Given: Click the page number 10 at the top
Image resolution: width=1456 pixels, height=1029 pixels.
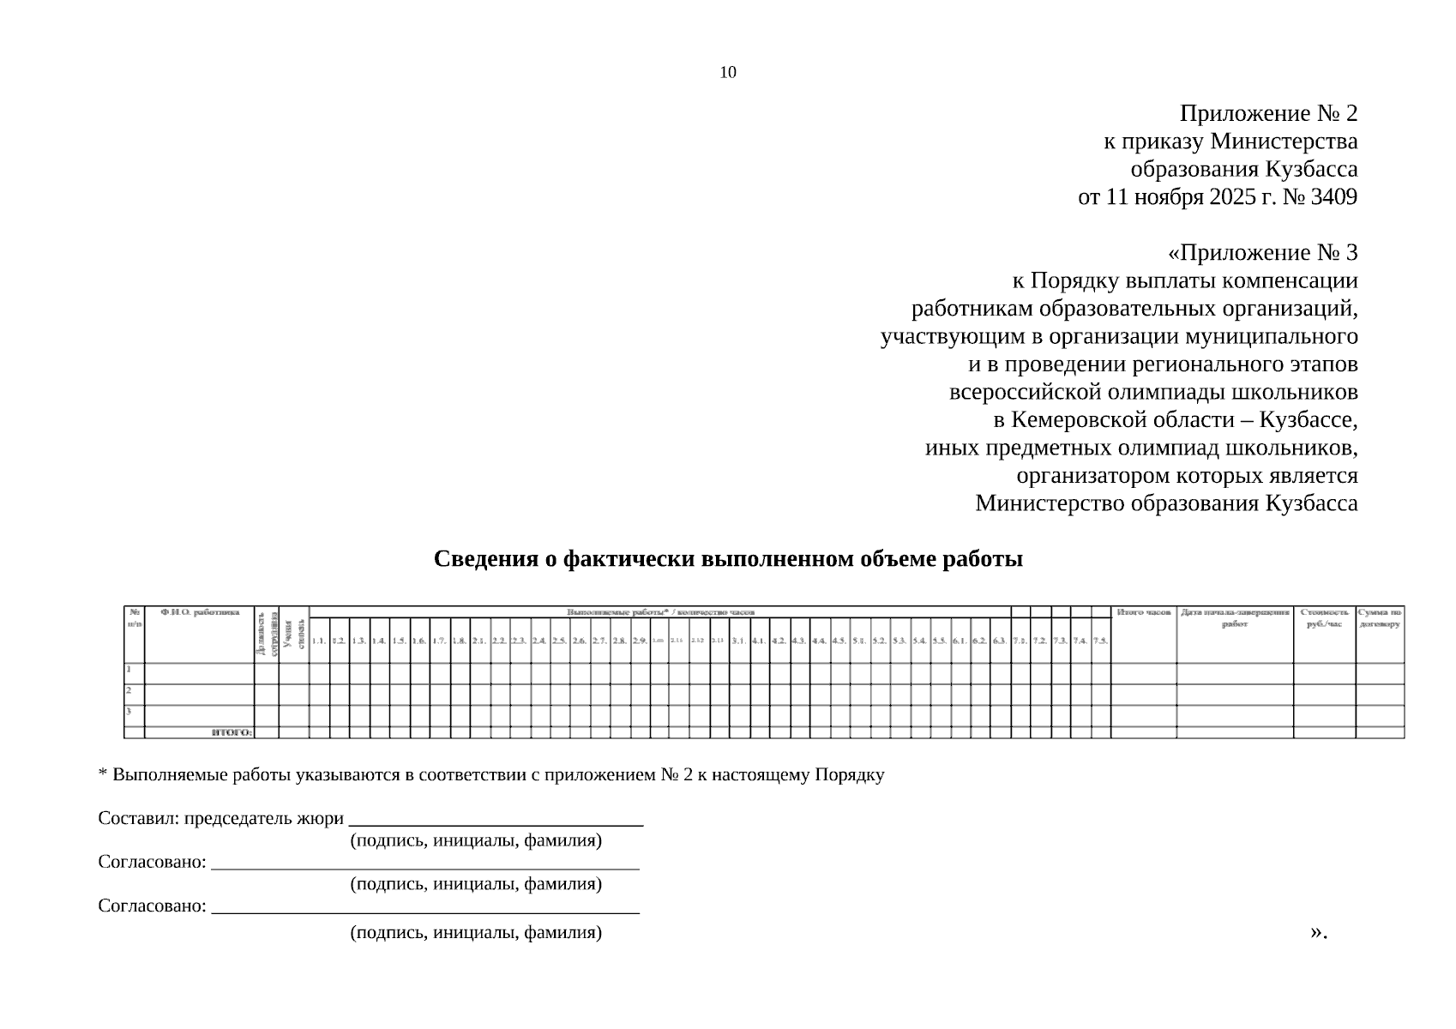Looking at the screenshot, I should tap(727, 73).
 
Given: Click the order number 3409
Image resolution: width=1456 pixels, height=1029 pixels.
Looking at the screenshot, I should tap(1334, 197).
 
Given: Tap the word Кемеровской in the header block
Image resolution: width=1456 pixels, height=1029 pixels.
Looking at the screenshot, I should tap(1074, 421).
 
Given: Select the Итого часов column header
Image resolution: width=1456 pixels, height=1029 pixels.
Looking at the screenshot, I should tap(1144, 613).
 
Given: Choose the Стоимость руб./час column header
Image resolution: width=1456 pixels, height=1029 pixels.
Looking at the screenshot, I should tap(1324, 617).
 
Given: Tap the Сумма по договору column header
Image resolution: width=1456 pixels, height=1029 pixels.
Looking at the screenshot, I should tap(1380, 617).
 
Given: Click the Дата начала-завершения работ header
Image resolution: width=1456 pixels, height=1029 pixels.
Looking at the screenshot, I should tap(1235, 617).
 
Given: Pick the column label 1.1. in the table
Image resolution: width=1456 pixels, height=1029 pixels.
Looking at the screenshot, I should tap(318, 641).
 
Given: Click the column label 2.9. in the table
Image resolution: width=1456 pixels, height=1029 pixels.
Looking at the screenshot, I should tap(640, 641).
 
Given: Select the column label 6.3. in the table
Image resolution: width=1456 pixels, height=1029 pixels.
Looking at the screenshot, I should tap(1000, 641).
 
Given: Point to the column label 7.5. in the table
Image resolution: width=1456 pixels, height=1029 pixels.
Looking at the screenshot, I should tap(1100, 641).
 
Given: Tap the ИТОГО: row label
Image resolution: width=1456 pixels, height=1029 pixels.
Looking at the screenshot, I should tap(232, 732).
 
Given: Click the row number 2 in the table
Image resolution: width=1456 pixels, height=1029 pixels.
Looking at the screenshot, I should tap(129, 690).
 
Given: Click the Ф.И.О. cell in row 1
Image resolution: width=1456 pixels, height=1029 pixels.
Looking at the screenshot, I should tap(199, 673).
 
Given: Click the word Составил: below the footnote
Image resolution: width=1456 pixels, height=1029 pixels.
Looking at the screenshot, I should tap(135, 819).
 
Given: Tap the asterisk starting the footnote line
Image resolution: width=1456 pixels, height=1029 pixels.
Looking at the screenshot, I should tap(103, 774).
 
